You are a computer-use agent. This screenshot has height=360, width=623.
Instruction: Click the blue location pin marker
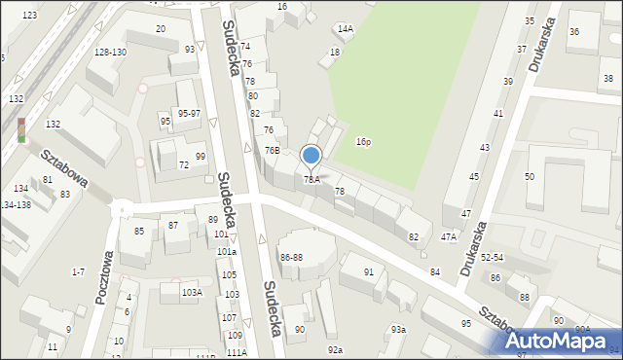311,156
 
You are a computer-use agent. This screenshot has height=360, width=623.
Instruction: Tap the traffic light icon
21,129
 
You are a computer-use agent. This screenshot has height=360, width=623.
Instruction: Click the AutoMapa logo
557,341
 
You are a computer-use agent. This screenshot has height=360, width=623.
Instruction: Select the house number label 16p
363,142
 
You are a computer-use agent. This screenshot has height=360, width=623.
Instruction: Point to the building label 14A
345,29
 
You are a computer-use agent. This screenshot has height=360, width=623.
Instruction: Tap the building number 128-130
110,52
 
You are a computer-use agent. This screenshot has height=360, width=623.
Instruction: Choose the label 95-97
189,114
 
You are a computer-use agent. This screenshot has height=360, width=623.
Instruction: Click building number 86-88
291,257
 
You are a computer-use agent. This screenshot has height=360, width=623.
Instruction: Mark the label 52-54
491,258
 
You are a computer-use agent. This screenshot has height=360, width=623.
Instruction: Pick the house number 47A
449,236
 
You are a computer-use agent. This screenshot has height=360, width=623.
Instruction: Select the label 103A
192,292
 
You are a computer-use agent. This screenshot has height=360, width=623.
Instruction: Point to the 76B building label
273,151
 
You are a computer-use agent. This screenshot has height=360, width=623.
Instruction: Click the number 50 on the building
530,176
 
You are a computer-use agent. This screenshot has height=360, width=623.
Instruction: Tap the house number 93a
398,329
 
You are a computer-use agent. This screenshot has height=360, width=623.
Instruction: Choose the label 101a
227,251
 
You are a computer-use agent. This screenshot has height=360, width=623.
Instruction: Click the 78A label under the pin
311,179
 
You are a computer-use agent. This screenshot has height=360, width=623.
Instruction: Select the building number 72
183,165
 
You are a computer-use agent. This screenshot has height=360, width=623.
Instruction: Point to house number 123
29,16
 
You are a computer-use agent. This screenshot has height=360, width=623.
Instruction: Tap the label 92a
335,349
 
